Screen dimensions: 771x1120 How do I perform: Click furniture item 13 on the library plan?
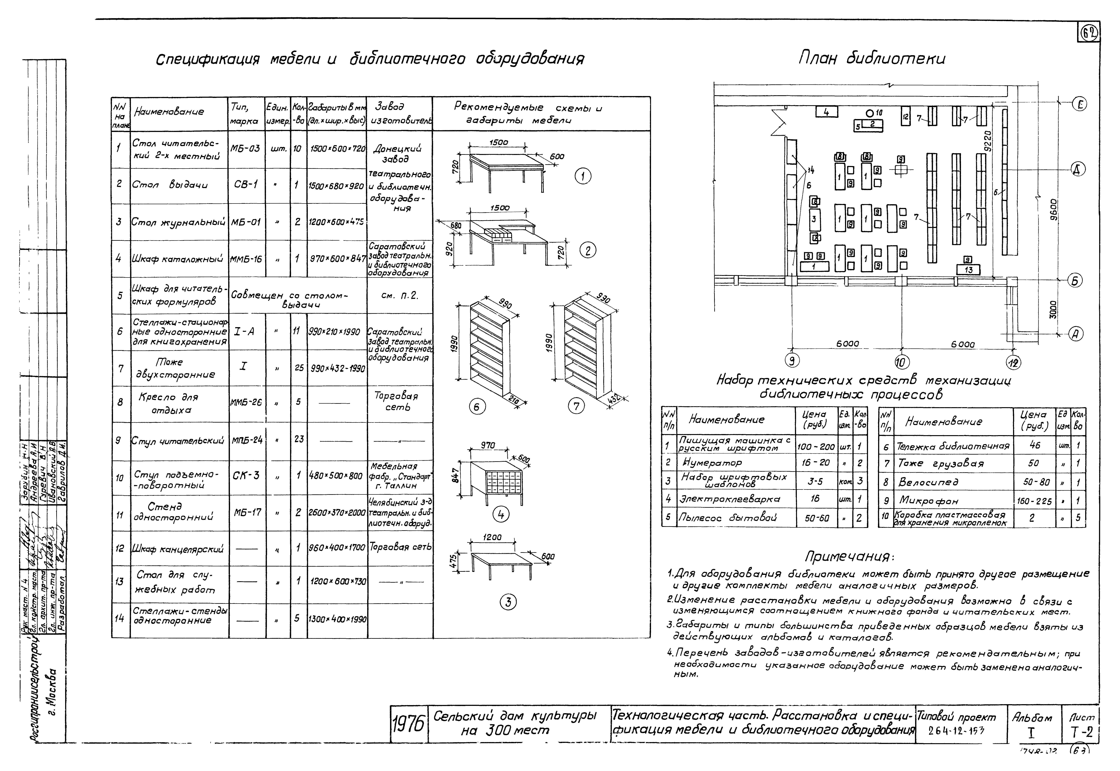pos(968,269)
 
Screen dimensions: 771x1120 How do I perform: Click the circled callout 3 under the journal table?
pos(508,602)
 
